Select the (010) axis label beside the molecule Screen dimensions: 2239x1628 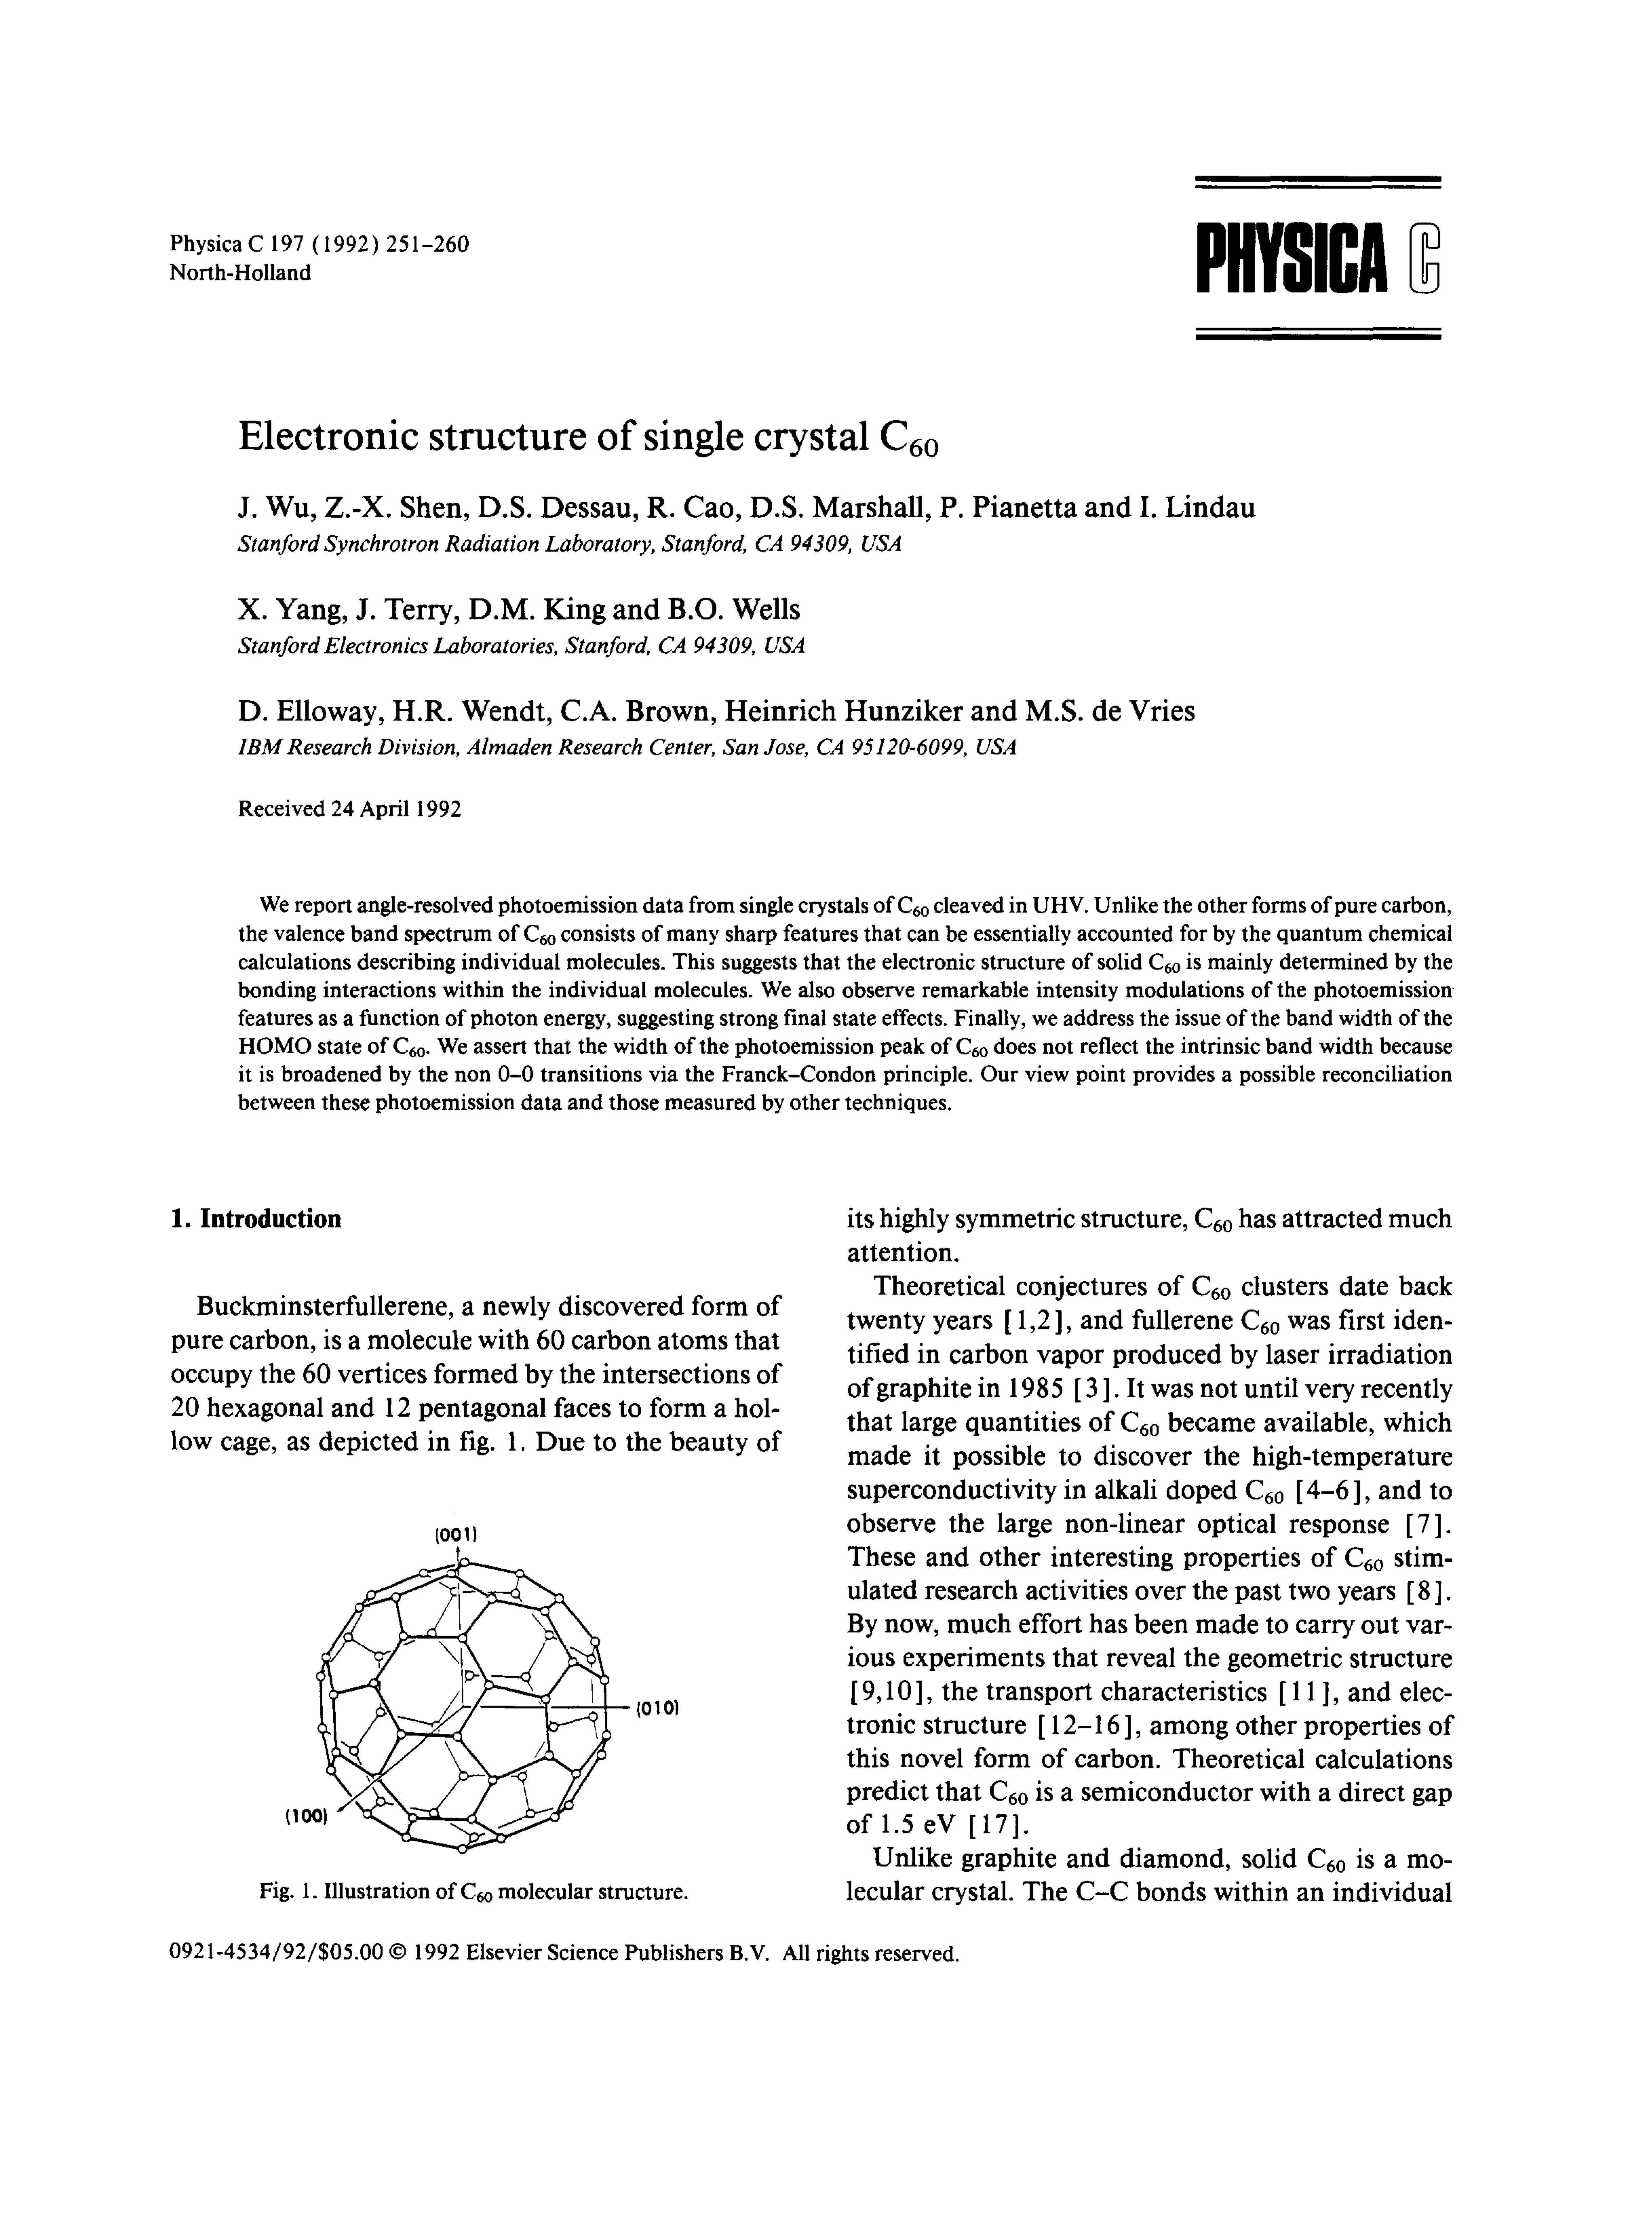pos(657,1707)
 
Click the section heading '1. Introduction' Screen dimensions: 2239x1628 pos(256,1218)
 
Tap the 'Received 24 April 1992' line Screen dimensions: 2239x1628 pos(349,808)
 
